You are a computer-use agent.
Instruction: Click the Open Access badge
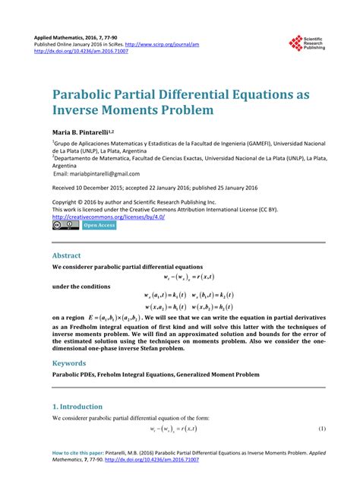99,226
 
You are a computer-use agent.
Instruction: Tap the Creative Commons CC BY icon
65,226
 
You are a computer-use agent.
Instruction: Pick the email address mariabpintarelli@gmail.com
96,173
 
